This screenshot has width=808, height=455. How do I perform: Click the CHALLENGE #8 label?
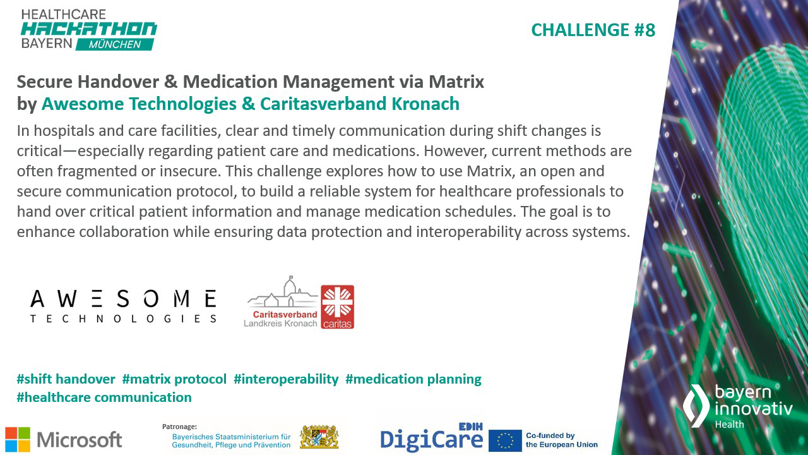click(593, 30)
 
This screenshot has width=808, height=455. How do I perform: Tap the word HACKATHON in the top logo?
click(88, 29)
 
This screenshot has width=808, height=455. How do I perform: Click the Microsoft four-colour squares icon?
click(18, 439)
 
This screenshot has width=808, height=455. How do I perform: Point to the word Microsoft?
click(80, 439)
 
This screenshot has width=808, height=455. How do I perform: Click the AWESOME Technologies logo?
click(123, 306)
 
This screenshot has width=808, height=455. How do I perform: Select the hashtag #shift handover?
click(66, 379)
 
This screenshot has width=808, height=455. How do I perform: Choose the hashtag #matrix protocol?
click(174, 379)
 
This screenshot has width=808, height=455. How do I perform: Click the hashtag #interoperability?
click(286, 379)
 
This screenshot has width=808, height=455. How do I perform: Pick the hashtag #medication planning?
click(413, 379)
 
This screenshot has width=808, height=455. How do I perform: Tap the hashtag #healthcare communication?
click(104, 397)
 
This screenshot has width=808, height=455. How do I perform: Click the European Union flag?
click(505, 440)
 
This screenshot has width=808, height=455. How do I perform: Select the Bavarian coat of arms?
click(319, 437)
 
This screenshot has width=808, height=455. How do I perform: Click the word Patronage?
click(180, 427)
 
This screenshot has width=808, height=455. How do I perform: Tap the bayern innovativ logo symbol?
click(696, 405)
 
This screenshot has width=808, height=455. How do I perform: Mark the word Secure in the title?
click(42, 82)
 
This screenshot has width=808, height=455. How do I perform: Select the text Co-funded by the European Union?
click(561, 440)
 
